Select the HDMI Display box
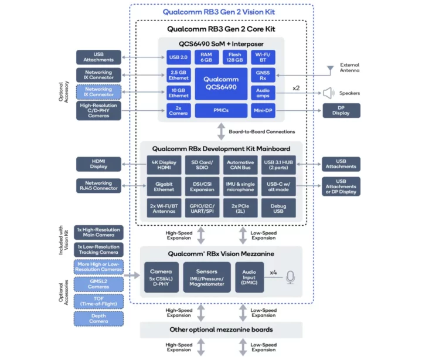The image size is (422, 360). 98,164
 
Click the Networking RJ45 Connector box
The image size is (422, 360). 98,185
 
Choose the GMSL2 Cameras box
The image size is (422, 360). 98,284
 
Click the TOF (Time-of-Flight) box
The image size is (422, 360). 98,301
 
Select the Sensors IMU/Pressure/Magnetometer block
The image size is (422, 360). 207,277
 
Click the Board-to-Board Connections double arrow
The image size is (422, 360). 221,132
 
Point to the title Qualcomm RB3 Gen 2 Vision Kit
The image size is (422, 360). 220,12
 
